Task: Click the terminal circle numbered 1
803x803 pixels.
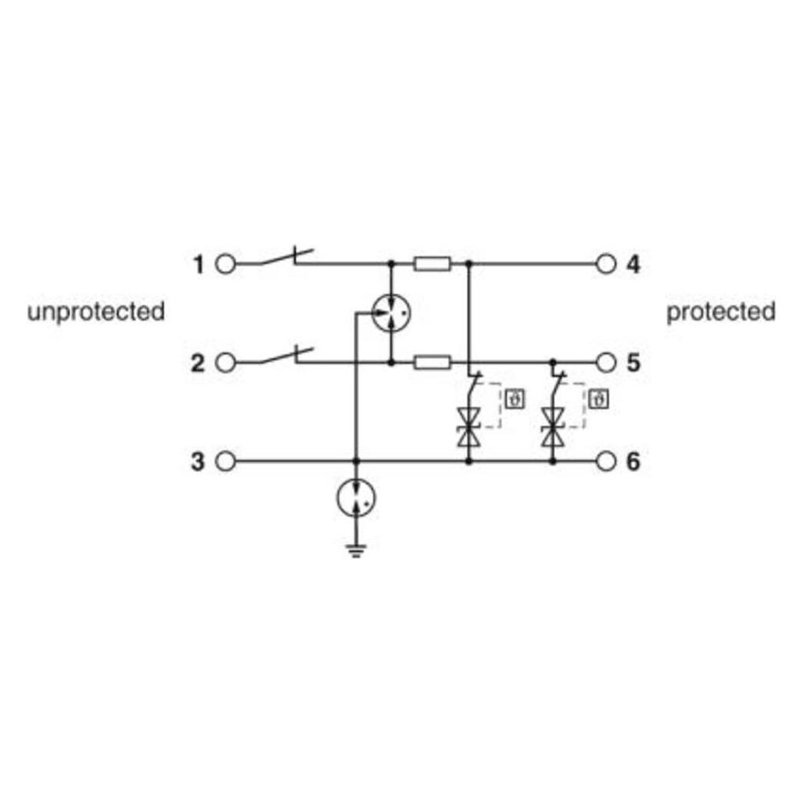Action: click(x=225, y=265)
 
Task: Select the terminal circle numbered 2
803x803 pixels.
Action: click(x=225, y=362)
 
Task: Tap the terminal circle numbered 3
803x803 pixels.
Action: click(x=225, y=461)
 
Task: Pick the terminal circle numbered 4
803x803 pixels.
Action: click(x=606, y=265)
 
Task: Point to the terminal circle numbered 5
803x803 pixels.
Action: click(x=606, y=362)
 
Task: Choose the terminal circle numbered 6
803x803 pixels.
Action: click(x=606, y=461)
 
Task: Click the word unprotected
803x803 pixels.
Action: click(x=96, y=312)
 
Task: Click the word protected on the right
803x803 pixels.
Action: click(x=721, y=312)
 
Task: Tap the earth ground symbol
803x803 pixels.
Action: click(x=356, y=551)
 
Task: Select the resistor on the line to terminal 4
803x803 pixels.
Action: click(x=432, y=265)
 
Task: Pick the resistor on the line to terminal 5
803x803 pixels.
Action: click(x=432, y=362)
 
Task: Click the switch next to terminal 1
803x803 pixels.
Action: click(x=279, y=257)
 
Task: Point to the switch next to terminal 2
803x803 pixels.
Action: click(x=279, y=355)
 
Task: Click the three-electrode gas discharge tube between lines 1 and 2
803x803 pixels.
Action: click(x=392, y=313)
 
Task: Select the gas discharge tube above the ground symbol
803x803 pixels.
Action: click(x=356, y=498)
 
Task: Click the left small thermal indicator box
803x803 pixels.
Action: click(x=515, y=399)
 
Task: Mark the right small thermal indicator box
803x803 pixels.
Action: click(x=598, y=399)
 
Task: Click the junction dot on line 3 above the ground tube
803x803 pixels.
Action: click(x=356, y=461)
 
